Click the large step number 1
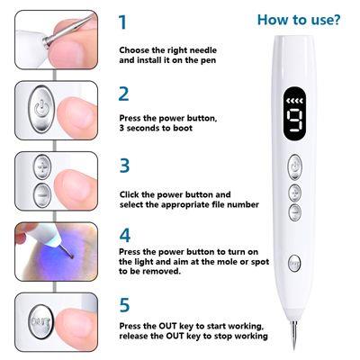pos(123,22)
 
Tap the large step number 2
pos(123,94)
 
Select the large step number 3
pos(124,166)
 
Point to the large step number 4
pos(125,236)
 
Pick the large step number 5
pos(124,305)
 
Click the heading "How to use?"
pos(299,20)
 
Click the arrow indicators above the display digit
pos(294,101)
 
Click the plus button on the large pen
pos(295,193)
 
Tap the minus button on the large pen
pos(295,212)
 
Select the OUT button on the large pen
pos(294,264)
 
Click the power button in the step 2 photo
pos(41,109)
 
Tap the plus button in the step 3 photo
pos(42,167)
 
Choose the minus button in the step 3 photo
pos(42,195)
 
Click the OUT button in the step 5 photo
pos(41,322)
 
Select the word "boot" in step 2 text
pos(183,128)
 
